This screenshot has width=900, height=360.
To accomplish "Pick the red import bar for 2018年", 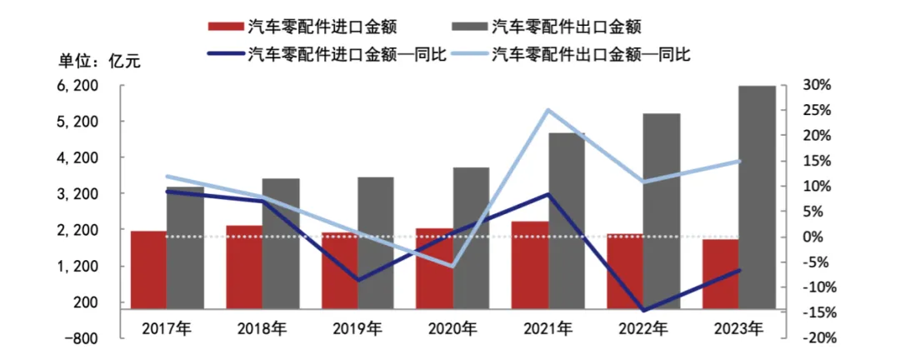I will coord(244,267).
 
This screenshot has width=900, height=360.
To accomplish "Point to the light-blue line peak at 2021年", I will coord(548,110).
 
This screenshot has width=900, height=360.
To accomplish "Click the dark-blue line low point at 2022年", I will coord(643,311).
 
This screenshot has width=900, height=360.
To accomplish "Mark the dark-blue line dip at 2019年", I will coord(358,280).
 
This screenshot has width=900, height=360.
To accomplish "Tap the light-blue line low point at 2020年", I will coord(452,266).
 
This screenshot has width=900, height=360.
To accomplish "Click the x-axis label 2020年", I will coord(452,327).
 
